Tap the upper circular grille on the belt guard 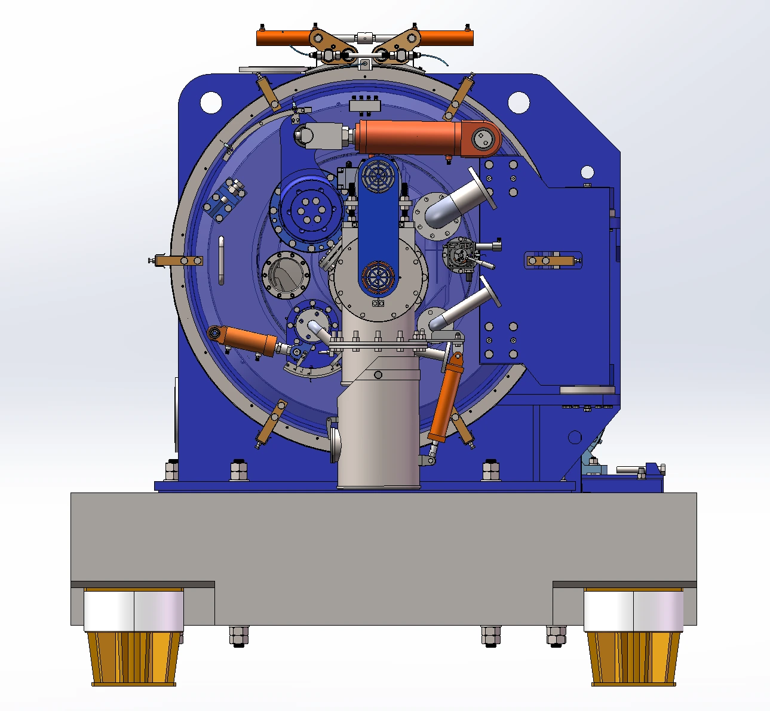click(x=377, y=174)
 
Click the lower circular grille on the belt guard click(x=377, y=277)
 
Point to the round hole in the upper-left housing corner click(x=211, y=102)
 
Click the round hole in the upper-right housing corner click(x=519, y=102)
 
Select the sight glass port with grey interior click(x=286, y=275)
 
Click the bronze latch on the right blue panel click(x=553, y=260)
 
